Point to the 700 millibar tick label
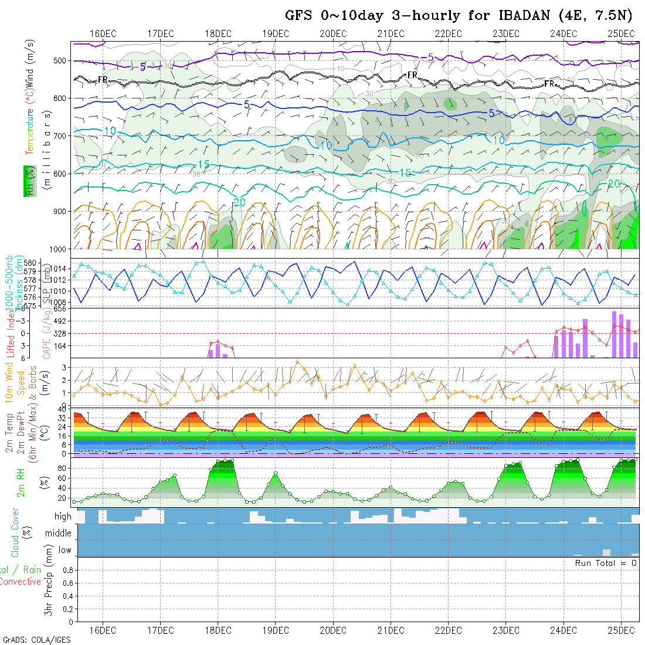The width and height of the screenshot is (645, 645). point(60,136)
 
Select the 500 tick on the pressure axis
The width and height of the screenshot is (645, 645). point(60,60)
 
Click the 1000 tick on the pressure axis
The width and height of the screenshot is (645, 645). point(58,249)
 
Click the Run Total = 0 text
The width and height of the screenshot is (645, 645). point(606,563)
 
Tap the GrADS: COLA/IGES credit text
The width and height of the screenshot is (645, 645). point(36,640)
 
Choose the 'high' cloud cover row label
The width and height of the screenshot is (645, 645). point(62,517)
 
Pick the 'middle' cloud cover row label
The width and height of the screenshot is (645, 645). point(58,534)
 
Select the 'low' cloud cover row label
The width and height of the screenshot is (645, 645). point(64,550)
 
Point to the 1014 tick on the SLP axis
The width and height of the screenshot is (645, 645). point(61,269)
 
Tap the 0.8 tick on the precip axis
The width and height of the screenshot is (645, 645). point(66,570)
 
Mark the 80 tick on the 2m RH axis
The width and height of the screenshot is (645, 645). point(65,468)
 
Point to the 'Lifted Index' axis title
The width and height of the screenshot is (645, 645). point(11,332)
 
